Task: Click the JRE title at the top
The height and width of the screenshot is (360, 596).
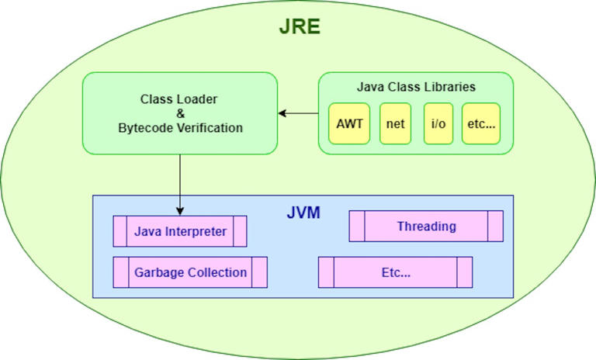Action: pos(300,29)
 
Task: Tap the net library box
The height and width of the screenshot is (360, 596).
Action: pos(395,123)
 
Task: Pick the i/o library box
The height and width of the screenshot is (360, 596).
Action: pos(438,123)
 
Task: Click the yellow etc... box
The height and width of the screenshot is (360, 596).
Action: pos(481,123)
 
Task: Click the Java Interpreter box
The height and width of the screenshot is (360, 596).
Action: pos(180,231)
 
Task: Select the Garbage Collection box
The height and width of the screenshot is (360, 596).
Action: pos(190,272)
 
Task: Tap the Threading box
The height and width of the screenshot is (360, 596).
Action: pos(426,227)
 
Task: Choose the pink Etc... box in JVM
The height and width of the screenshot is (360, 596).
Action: pos(395,272)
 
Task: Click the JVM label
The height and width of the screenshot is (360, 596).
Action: pos(301,211)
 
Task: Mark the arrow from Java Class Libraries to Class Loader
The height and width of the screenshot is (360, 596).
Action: pos(299,113)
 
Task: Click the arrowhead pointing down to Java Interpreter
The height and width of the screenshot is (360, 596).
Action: pos(180,211)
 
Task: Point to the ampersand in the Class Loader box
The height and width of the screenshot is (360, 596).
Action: pos(180,113)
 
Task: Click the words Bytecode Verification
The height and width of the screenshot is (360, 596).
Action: pos(180,128)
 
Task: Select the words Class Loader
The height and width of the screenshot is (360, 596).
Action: pos(180,99)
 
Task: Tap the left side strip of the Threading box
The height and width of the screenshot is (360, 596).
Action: pos(357,227)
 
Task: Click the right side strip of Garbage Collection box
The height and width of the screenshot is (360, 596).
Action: pos(259,272)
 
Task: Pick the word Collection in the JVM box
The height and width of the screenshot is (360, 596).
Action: pos(218,272)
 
